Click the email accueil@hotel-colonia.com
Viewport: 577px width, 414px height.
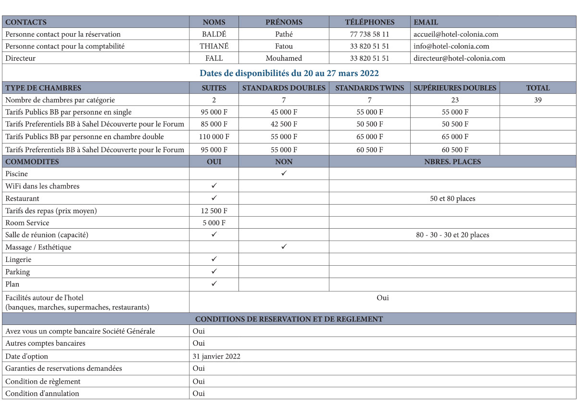tap(456, 34)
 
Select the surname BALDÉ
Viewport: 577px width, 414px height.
tap(214, 34)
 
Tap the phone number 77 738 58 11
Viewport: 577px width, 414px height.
tap(369, 34)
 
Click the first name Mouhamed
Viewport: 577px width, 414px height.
tap(284, 58)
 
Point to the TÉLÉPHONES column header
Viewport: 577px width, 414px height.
tap(369, 22)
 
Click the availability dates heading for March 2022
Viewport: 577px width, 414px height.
tap(289, 73)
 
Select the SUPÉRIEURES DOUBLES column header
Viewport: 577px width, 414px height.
tap(455, 88)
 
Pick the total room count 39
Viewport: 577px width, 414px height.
tap(538, 100)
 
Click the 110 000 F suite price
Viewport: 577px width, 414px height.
tap(214, 137)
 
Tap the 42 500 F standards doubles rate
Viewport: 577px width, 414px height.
tap(284, 124)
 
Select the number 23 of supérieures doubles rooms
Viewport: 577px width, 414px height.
tap(455, 100)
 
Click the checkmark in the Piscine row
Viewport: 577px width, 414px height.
tap(284, 173)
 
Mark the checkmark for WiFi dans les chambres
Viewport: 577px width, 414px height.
tap(214, 186)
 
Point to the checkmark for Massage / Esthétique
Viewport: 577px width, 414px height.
tap(284, 247)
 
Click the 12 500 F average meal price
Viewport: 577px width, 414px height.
tap(214, 211)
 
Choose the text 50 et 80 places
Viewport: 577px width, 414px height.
tap(452, 198)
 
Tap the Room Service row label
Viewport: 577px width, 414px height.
tap(27, 223)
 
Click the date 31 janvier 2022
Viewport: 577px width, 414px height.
tap(216, 356)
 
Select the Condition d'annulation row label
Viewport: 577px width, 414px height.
tap(42, 393)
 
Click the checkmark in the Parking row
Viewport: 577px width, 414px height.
tap(214, 272)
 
